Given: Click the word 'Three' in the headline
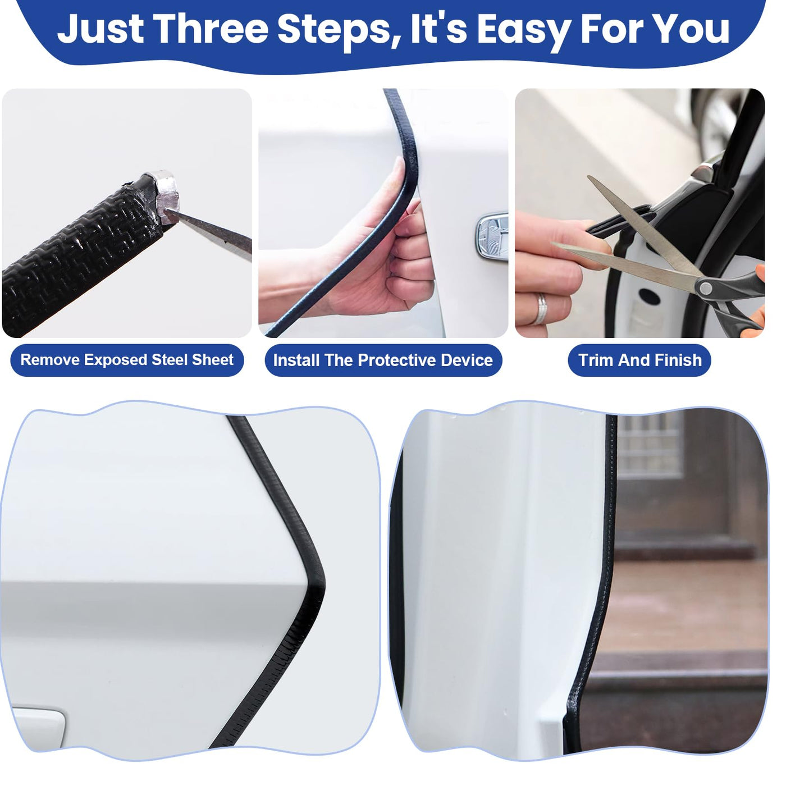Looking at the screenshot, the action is pyautogui.click(x=211, y=29).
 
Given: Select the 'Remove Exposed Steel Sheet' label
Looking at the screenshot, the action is pyautogui.click(x=127, y=360).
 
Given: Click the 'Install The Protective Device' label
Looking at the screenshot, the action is pyautogui.click(x=383, y=360).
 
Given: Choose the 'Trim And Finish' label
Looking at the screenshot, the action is pyautogui.click(x=639, y=360).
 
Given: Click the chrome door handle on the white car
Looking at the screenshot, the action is pyautogui.click(x=493, y=237).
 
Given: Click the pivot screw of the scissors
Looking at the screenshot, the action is pyautogui.click(x=705, y=289).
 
